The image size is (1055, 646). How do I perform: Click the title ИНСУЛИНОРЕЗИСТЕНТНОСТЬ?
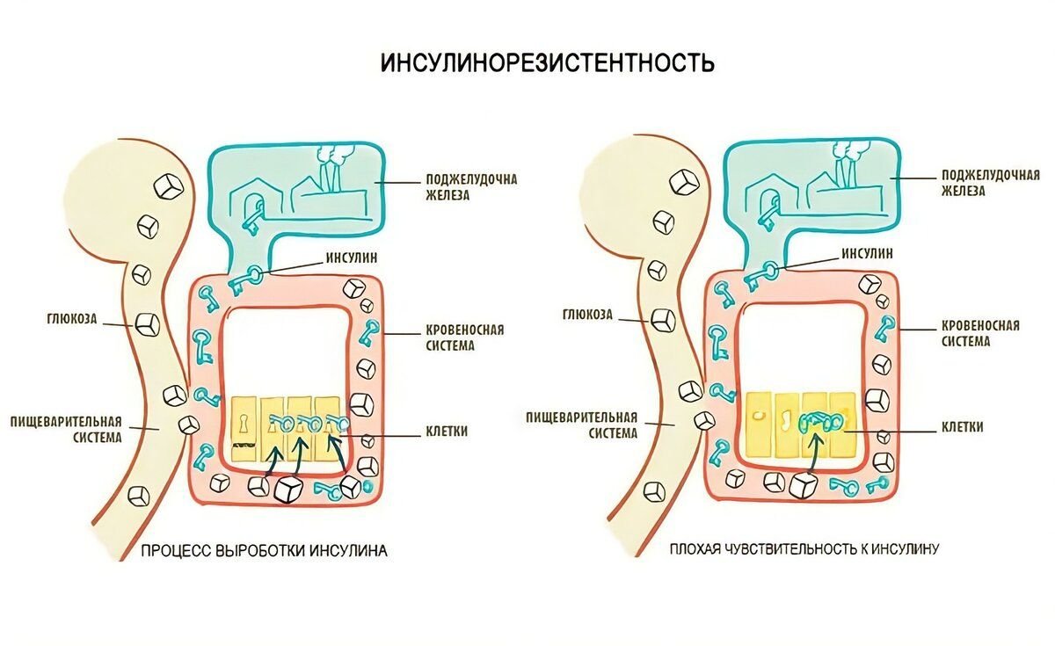(x=547, y=63)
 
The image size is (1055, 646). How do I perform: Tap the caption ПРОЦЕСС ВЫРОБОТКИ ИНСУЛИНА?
(x=264, y=551)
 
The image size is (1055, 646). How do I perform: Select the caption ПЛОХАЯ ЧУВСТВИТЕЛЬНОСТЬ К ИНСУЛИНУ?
(x=804, y=549)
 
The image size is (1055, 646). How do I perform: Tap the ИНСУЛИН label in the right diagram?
(x=867, y=253)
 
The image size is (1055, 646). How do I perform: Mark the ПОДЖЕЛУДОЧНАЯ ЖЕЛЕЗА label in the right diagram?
(x=990, y=182)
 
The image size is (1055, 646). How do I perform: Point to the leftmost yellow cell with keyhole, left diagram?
(x=244, y=426)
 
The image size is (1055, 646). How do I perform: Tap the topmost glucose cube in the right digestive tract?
(x=683, y=182)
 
